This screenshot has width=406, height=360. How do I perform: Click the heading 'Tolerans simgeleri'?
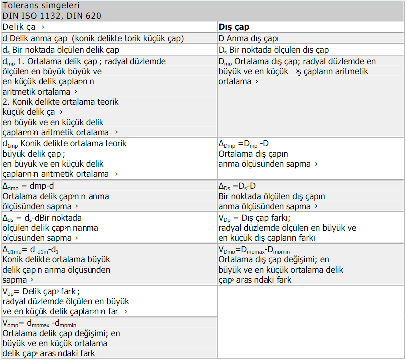(x=41, y=6)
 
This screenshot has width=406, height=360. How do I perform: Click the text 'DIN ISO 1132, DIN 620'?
(x=52, y=16)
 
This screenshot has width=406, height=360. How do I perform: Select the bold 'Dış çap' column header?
(x=234, y=27)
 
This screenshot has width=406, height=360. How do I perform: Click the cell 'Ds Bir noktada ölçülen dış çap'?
(x=274, y=50)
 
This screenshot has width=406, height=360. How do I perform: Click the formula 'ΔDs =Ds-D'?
(x=241, y=186)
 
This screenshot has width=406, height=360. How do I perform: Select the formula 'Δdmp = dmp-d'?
(x=29, y=186)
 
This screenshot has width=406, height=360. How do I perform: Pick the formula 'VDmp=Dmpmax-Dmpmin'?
(x=254, y=250)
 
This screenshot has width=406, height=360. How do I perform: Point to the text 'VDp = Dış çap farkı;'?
(x=255, y=218)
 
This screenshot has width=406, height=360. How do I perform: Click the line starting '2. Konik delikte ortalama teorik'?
(x=60, y=101)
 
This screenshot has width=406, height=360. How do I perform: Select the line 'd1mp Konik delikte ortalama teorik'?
(x=65, y=144)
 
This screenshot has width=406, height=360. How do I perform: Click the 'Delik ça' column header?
(x=23, y=27)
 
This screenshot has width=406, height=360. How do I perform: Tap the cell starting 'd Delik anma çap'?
(x=93, y=38)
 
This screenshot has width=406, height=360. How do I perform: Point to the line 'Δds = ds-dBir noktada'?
(x=42, y=218)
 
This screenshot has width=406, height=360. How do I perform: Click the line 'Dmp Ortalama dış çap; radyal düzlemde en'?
(x=297, y=61)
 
